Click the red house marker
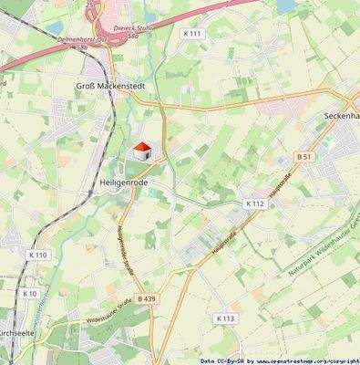click(141, 149)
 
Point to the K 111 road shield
click(191, 34)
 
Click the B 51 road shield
click(304, 157)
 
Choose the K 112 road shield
click(255, 203)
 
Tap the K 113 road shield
click(225, 318)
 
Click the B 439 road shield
click(147, 298)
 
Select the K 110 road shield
click(37, 255)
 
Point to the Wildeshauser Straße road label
click(110, 317)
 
